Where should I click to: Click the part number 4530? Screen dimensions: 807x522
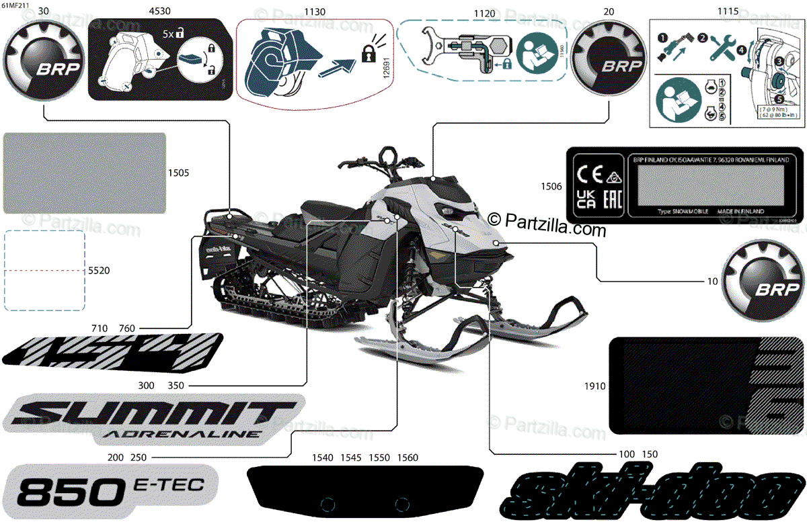point(159,11)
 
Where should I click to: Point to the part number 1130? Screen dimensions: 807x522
point(315,11)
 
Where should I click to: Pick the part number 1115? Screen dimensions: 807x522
point(728,11)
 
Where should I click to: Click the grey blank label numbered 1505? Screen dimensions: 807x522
point(85,173)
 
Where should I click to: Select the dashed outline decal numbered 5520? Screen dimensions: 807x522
point(45,270)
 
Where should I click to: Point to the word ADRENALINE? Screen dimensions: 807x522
point(182,433)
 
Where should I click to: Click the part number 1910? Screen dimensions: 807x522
point(596,386)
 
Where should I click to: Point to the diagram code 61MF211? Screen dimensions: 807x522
point(15,5)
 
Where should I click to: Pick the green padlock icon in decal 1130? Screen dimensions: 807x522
point(368,56)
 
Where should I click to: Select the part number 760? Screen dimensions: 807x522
point(127,328)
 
